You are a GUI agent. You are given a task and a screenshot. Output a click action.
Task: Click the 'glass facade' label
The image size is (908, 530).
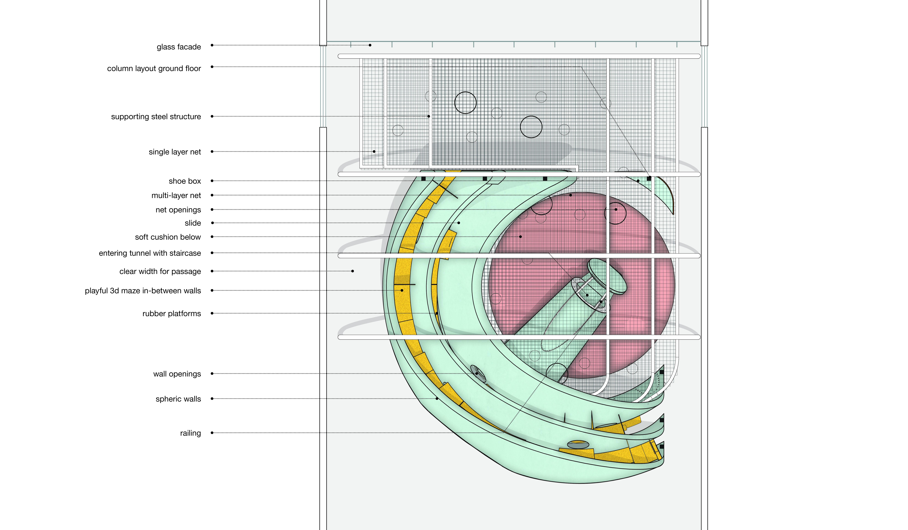(x=179, y=47)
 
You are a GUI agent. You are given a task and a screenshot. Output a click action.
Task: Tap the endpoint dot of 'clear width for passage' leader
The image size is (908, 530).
(x=352, y=271)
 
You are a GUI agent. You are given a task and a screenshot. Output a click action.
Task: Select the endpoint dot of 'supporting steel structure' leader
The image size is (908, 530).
(x=429, y=116)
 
